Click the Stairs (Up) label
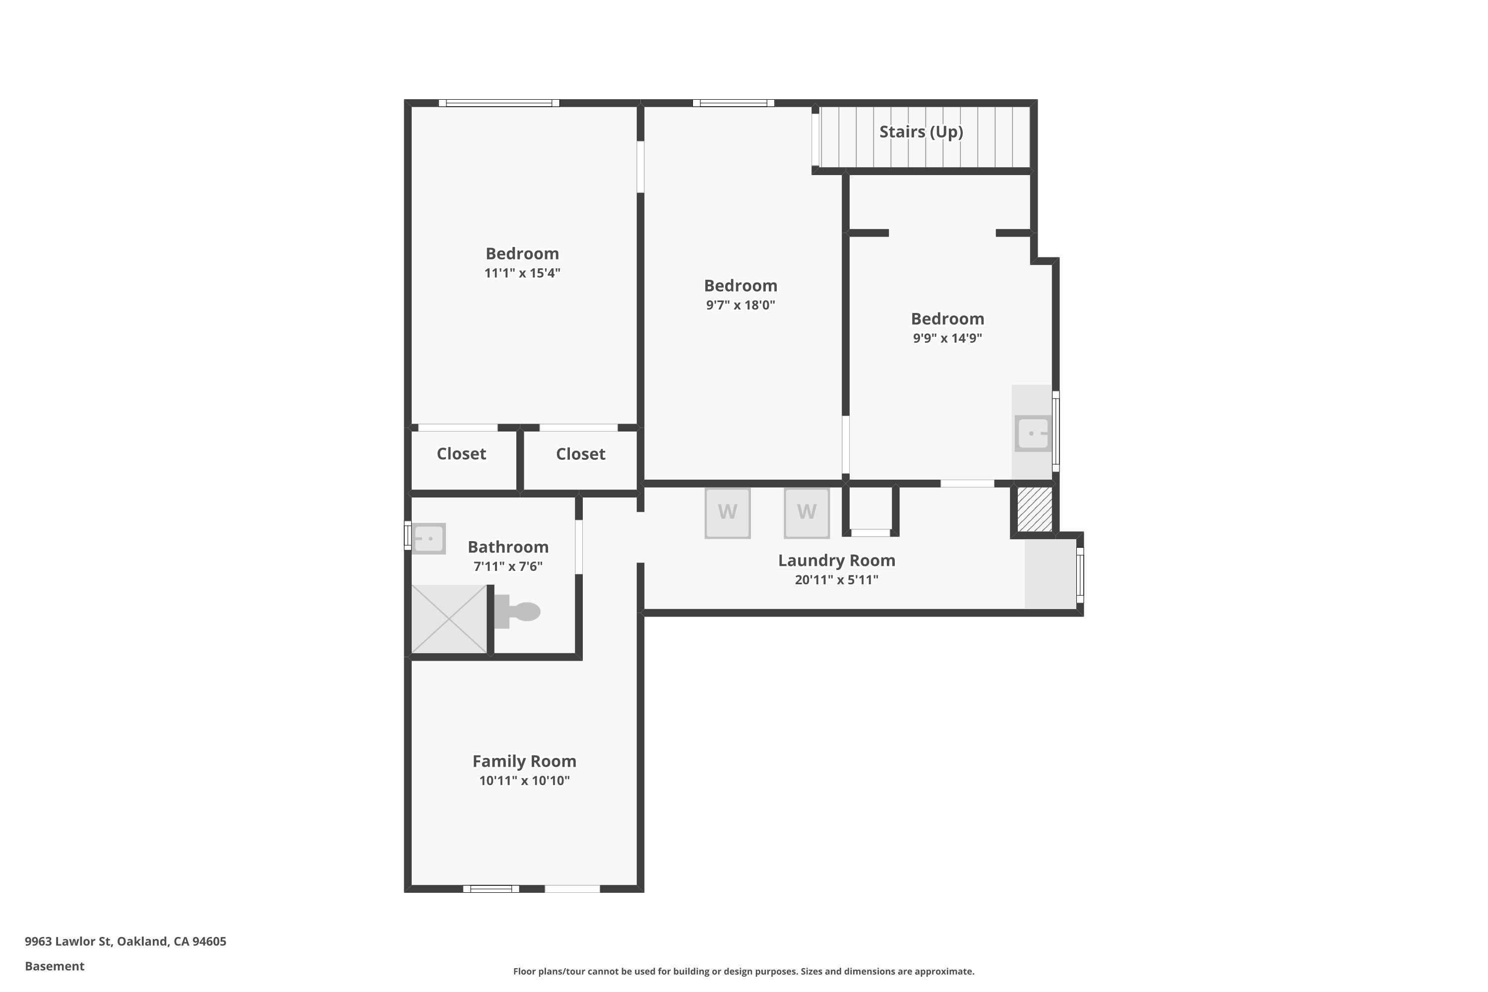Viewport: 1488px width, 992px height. pyautogui.click(x=921, y=131)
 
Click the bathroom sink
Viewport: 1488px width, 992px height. pyautogui.click(x=430, y=538)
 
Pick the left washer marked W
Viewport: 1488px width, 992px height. pyautogui.click(x=728, y=512)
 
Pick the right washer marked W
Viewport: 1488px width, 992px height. pyautogui.click(x=806, y=512)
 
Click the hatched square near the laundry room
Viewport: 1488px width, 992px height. pyautogui.click(x=1034, y=509)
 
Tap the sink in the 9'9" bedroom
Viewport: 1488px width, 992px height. pyautogui.click(x=1033, y=434)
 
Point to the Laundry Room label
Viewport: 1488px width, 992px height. pyautogui.click(x=836, y=560)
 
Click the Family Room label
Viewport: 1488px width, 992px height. pyautogui.click(x=524, y=761)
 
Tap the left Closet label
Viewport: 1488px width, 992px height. pyautogui.click(x=461, y=454)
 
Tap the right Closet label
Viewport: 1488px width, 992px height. pyautogui.click(x=580, y=454)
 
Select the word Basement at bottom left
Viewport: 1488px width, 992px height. pyautogui.click(x=55, y=966)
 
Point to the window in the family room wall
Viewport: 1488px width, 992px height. pyautogui.click(x=491, y=889)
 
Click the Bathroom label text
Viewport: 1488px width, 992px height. pyautogui.click(x=507, y=547)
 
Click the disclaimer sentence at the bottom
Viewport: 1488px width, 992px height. pyautogui.click(x=744, y=971)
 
